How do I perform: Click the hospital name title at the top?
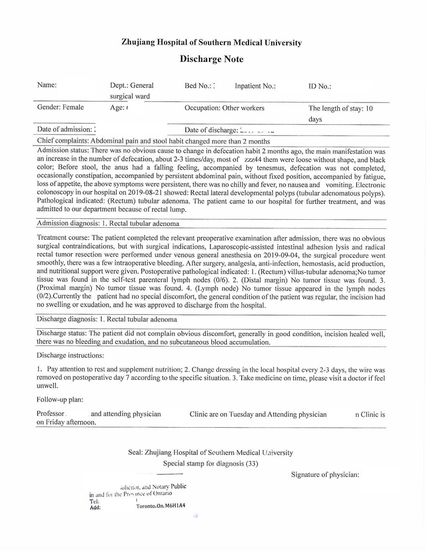[x=212, y=43]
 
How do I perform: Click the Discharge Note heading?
[x=212, y=59]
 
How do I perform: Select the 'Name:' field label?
[x=47, y=85]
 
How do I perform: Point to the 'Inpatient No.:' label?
[x=255, y=86]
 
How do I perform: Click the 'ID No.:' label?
[x=319, y=86]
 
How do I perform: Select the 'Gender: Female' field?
[x=60, y=107]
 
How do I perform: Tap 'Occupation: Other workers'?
[x=224, y=108]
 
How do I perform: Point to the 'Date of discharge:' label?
[x=211, y=130]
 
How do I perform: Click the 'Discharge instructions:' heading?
[x=70, y=355]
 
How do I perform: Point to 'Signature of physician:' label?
[x=325, y=475]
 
